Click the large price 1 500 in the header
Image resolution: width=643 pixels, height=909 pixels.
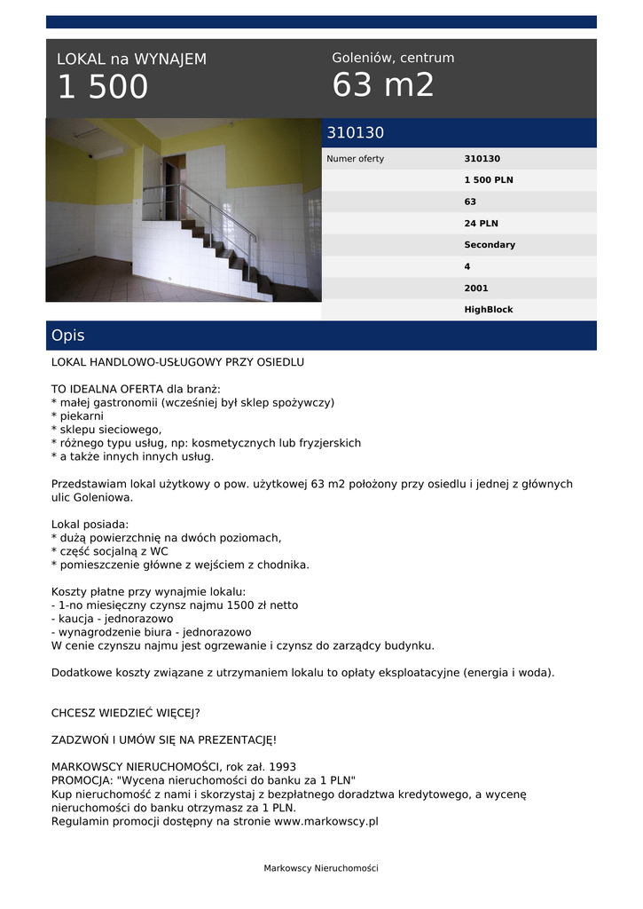coord(103,88)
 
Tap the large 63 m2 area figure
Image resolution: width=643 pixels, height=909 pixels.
coord(383,85)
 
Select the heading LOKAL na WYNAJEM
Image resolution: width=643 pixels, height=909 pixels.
coord(131,59)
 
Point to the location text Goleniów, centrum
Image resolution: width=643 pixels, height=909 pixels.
coord(393,58)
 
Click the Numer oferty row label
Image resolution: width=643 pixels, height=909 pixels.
coord(356,159)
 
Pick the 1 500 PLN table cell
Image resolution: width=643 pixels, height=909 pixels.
coord(488,180)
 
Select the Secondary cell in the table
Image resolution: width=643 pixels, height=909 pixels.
coord(489,245)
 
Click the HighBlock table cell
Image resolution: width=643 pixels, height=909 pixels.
coord(488,310)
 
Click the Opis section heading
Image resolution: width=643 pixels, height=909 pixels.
coord(68,336)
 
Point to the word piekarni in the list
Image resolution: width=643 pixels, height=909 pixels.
coord(81,415)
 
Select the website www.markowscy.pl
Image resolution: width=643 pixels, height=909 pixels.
coord(325,821)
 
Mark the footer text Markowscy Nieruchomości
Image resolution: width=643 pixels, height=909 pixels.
coord(321,868)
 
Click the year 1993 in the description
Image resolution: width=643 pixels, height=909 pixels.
coord(281,766)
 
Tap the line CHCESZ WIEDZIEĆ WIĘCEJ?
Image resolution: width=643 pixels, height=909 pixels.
coord(126,712)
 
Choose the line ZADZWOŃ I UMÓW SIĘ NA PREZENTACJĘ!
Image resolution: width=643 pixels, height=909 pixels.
coord(164,739)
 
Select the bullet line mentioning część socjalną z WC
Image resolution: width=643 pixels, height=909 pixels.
coord(109,550)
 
